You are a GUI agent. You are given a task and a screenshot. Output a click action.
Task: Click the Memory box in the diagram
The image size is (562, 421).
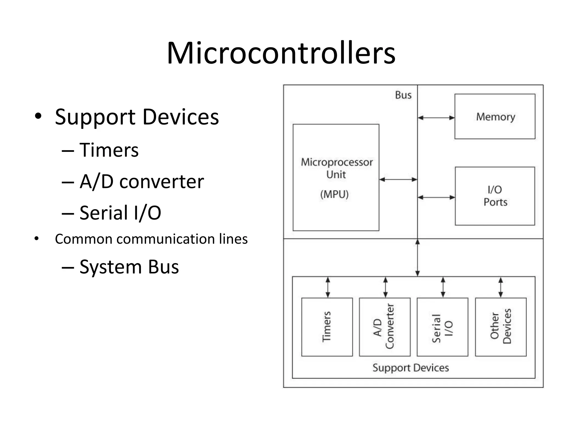click(495, 116)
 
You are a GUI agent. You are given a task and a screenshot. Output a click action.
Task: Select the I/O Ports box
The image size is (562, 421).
click(495, 196)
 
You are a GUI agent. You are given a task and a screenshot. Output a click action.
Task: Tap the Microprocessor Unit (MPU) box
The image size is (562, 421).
click(336, 178)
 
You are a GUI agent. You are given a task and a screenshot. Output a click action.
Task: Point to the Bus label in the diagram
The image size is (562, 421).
click(403, 95)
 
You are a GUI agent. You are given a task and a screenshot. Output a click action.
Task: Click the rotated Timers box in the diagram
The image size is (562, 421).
click(327, 327)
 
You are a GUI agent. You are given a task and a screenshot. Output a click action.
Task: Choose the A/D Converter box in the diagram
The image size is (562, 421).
click(384, 327)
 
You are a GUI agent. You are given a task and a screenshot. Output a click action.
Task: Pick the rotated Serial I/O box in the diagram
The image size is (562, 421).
click(442, 327)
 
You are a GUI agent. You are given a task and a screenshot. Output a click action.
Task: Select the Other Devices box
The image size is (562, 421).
click(501, 327)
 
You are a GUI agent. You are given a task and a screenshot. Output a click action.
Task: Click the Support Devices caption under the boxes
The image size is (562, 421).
click(411, 368)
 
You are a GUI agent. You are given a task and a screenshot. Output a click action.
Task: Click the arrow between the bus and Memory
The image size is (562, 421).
click(436, 118)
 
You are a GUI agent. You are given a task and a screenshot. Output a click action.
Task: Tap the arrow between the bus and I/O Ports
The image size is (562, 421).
click(436, 197)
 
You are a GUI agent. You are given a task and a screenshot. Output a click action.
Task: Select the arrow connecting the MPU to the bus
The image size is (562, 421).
click(398, 180)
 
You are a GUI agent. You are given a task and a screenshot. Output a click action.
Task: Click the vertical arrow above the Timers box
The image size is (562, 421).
click(328, 287)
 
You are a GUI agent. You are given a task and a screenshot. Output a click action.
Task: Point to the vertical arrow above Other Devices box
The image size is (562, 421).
click(501, 287)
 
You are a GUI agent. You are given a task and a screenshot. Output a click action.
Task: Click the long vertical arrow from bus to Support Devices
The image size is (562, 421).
click(417, 258)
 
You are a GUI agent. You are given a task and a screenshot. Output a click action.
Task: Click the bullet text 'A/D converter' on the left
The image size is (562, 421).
click(141, 181)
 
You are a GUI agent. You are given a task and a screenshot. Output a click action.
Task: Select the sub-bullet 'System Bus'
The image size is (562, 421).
click(129, 267)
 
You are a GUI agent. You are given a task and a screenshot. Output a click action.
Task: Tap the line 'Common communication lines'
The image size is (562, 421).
click(151, 239)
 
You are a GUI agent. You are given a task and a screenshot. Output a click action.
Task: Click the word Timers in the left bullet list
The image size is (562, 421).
click(109, 150)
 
